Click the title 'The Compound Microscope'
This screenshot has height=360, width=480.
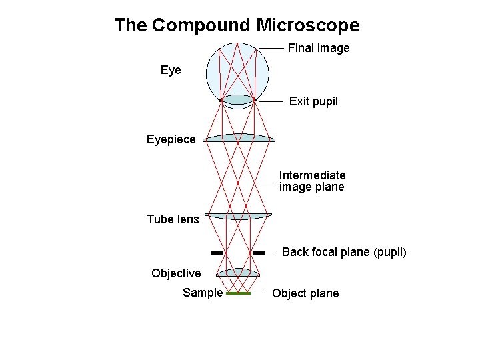click(x=237, y=25)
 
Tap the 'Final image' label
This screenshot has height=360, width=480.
click(x=318, y=48)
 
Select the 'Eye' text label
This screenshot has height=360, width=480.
click(x=171, y=70)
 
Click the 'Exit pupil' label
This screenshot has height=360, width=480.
click(x=313, y=101)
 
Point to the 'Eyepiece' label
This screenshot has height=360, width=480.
click(x=171, y=139)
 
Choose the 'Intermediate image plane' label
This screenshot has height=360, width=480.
click(x=312, y=181)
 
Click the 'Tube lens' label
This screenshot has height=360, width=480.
click(x=173, y=219)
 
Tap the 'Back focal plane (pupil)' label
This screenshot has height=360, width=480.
click(x=344, y=253)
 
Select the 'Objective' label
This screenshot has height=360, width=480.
click(x=176, y=273)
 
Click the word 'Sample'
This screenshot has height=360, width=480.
click(x=203, y=293)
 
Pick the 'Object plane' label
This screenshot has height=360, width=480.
click(x=305, y=293)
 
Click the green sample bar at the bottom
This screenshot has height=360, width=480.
click(x=238, y=293)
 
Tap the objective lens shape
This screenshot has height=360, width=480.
click(x=239, y=272)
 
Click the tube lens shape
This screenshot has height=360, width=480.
click(x=239, y=216)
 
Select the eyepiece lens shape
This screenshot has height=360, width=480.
click(x=239, y=138)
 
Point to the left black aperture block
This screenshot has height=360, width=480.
click(x=216, y=253)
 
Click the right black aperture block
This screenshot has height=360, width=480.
click(x=259, y=253)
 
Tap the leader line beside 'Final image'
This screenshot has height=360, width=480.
click(x=271, y=48)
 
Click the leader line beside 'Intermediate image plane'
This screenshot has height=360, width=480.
click(x=267, y=181)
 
